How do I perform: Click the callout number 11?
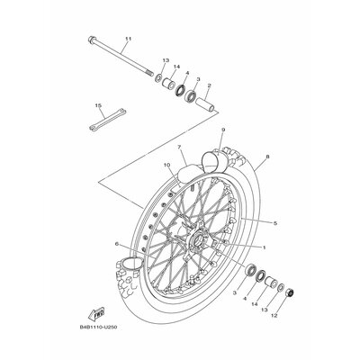click(x=129, y=39)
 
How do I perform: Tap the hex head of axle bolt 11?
click(x=92, y=40)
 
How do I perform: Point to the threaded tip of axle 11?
click(x=149, y=73)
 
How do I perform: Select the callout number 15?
click(x=98, y=105)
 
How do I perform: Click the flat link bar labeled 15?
click(x=107, y=120)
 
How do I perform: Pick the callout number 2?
click(x=209, y=85)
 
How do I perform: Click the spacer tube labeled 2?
click(x=206, y=105)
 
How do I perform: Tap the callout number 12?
click(x=274, y=315)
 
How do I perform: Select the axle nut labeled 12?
click(x=290, y=292)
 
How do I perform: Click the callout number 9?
click(x=223, y=130)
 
